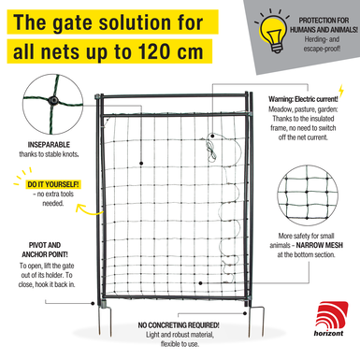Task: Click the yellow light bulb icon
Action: [x=273, y=32]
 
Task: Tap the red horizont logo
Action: [x=331, y=319]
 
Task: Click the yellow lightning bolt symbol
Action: [x=341, y=91]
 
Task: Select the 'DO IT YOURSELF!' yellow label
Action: [x=53, y=184]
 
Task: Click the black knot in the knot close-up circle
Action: [x=53, y=100]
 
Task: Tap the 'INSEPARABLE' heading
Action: [x=49, y=145]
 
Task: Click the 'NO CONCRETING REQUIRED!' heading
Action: [x=179, y=325]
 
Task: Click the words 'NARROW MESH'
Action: [x=319, y=245]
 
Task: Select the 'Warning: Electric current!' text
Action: [x=303, y=99]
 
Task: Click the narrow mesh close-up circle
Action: [x=308, y=195]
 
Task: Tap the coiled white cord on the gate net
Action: [x=211, y=149]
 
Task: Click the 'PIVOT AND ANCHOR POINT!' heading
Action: [x=45, y=250]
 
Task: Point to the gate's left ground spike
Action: [x=106, y=320]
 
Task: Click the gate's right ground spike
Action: [x=256, y=321]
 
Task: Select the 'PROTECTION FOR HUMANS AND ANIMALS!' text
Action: [x=324, y=25]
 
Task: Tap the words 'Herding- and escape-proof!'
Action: [x=322, y=44]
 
